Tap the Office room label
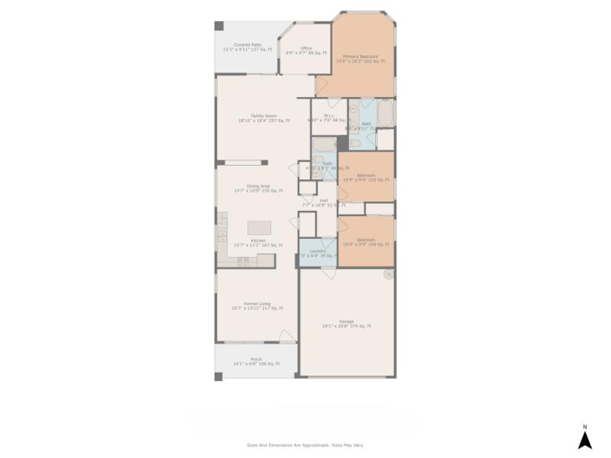tap(305, 50)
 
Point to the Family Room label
tap(263, 118)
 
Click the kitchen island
tap(259, 227)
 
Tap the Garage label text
tap(347, 324)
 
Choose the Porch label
tap(256, 361)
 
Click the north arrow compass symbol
tap(584, 438)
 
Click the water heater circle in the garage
tap(389, 273)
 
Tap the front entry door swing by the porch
tap(286, 337)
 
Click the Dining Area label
tap(258, 188)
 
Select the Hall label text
tap(324, 203)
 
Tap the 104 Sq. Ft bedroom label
tap(366, 242)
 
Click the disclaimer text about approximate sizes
tap(305, 444)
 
